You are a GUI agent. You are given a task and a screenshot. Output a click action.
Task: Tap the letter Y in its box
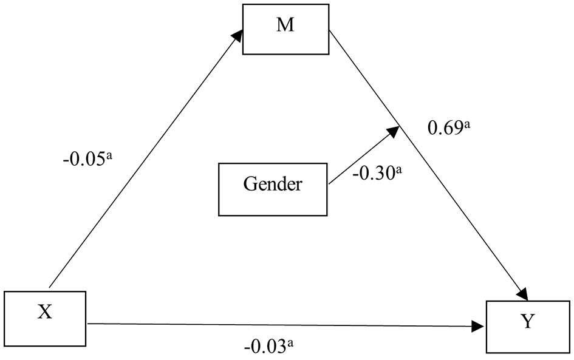(x=527, y=322)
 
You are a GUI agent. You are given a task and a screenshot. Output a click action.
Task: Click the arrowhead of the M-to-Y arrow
(x=524, y=294)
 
